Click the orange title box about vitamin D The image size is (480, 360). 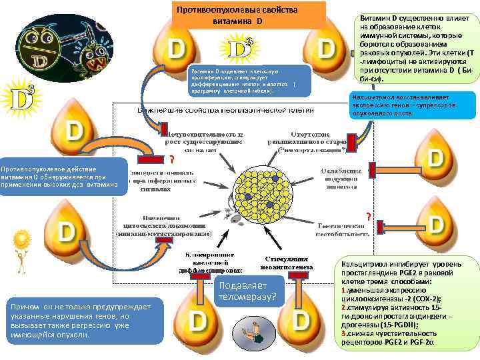click(248, 15)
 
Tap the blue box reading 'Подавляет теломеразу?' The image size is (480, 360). click(245, 292)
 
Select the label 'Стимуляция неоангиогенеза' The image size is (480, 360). click(288, 262)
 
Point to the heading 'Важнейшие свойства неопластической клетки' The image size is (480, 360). click(225, 110)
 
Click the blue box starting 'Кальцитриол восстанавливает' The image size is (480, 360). click(412, 105)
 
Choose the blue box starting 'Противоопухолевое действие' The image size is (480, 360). click(63, 176)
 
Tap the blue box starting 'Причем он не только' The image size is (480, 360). click(81, 321)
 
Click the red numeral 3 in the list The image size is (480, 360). click(343, 333)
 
